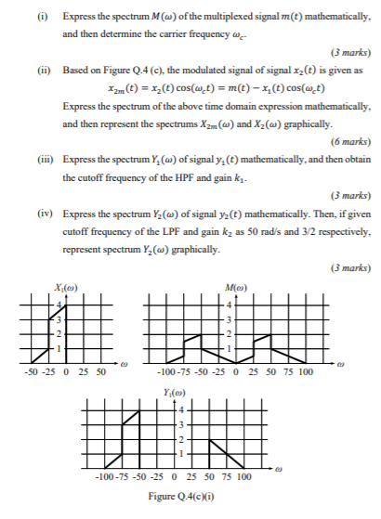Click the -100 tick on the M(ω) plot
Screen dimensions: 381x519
(155, 370)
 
